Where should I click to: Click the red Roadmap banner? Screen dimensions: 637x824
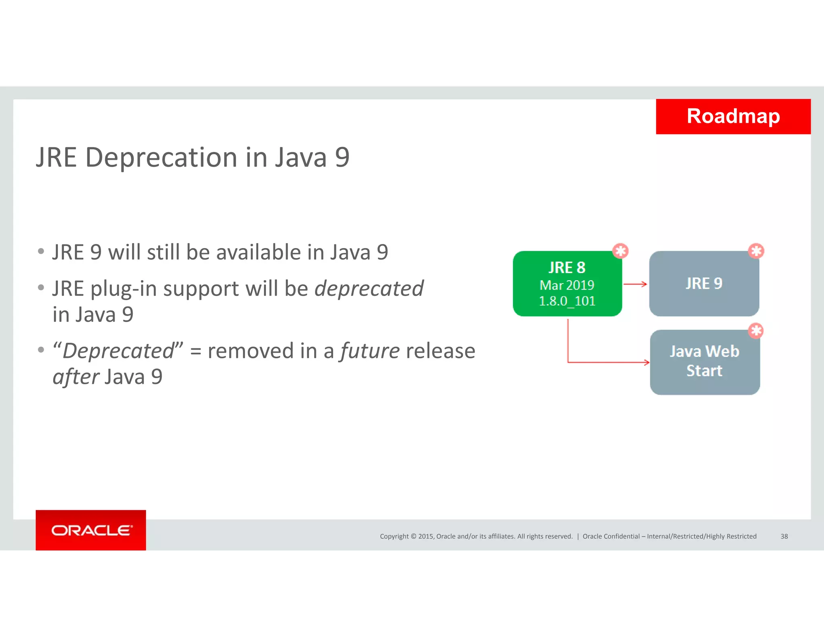coord(733,116)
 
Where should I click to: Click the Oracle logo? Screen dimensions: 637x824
coord(91,530)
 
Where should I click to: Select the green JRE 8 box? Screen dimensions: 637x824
coord(567,283)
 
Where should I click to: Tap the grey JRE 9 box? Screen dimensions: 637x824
coord(704,283)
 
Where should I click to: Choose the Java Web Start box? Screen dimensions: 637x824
coord(705,362)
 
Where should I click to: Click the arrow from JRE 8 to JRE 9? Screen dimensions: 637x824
coord(635,284)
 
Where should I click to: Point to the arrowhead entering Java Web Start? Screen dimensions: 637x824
coord(647,362)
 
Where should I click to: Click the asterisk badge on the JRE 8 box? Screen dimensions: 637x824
coord(620,251)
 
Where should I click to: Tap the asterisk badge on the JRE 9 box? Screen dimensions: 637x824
coord(756,251)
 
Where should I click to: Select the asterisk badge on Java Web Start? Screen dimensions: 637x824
coord(756,331)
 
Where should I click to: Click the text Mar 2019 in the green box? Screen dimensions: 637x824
coord(567,285)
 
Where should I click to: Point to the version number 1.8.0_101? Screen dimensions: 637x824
coord(567,301)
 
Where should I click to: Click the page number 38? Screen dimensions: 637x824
coord(784,536)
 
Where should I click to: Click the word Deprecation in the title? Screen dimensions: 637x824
coord(161,157)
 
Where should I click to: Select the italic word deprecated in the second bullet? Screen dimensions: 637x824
coord(369,289)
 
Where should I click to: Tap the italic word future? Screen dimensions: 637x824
coord(370,351)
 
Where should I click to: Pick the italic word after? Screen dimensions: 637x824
coord(76,377)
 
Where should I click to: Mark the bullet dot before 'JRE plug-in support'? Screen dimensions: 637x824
coord(41,287)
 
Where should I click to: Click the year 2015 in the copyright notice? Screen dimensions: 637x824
coord(426,536)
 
